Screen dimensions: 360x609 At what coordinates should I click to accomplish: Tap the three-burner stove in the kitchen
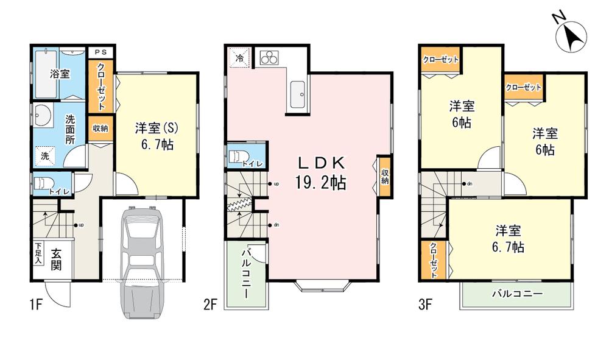click(269, 58)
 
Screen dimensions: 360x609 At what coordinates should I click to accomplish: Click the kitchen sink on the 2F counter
click(298, 92)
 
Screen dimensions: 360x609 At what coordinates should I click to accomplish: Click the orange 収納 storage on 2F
click(385, 177)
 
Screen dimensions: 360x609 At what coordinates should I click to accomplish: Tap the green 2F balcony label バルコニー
click(246, 274)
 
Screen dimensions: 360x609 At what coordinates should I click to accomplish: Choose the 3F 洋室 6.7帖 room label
click(508, 239)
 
